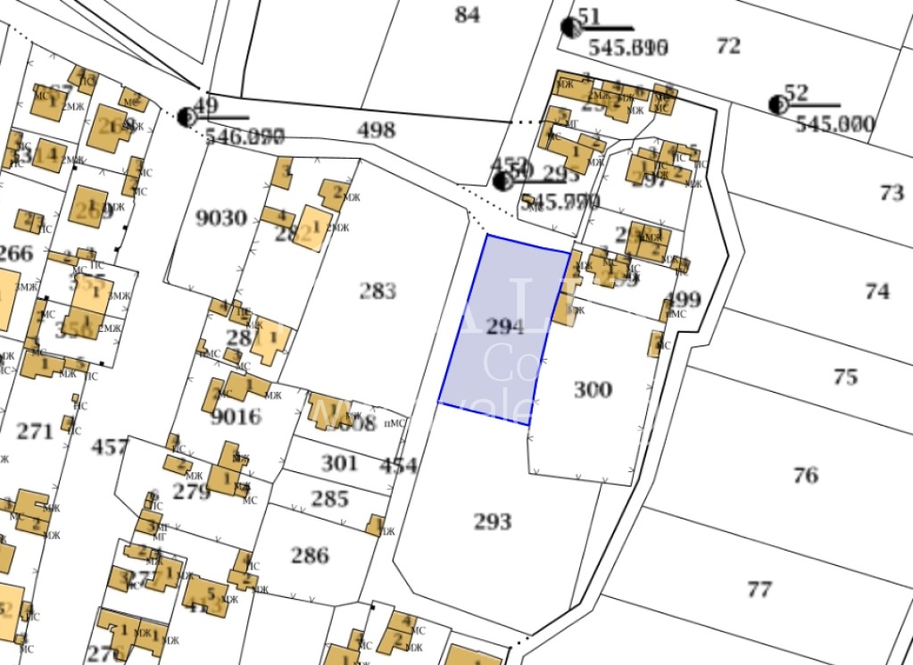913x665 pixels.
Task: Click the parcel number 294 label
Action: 505,327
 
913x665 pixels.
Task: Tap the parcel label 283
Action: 378,291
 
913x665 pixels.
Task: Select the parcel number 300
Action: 593,389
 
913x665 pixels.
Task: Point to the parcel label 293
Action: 493,521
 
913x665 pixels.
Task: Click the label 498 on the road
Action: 376,130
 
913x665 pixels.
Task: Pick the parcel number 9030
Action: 220,217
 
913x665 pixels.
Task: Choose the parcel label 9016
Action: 236,417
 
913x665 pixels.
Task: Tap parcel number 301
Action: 339,463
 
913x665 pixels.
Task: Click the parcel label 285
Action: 329,498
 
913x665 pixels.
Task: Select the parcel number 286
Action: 310,555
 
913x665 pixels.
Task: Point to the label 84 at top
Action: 467,14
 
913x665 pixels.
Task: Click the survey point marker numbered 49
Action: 187,116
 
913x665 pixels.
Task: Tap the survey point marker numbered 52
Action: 777,104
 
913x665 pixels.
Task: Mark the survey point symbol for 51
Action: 570,27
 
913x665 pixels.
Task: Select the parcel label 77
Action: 759,589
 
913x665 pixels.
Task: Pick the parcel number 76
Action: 805,476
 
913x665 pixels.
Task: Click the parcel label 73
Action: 891,192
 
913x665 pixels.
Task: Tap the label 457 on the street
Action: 111,446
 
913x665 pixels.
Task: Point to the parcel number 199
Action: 684,299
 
